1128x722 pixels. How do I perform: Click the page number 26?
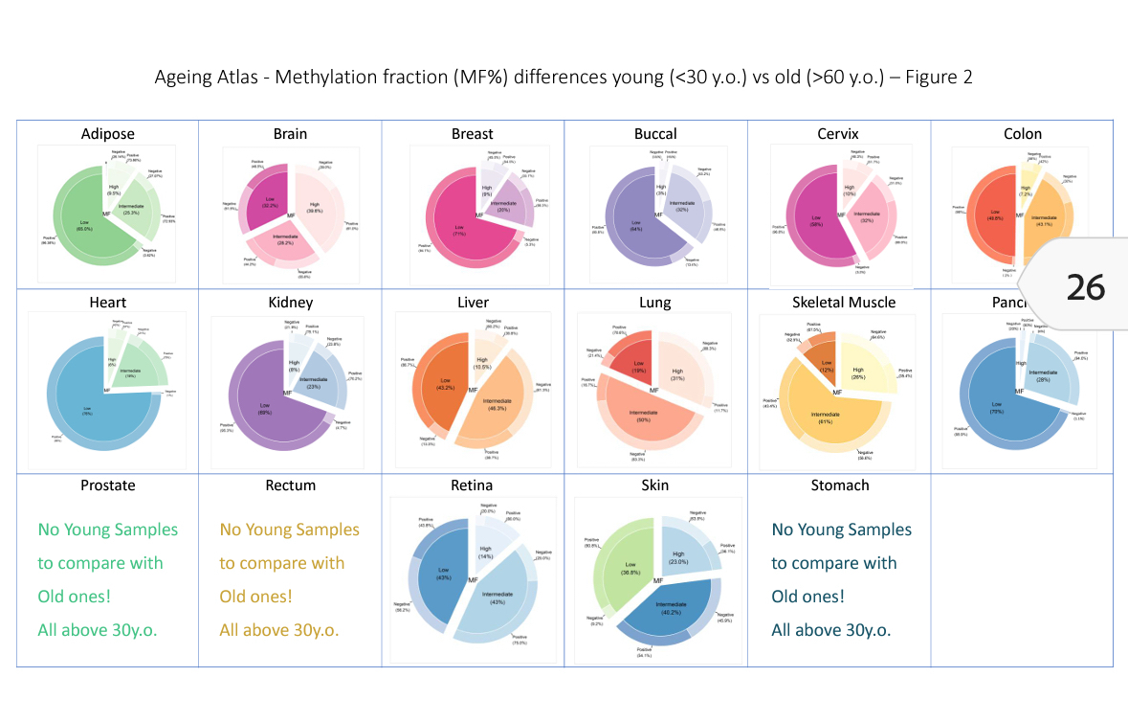[1085, 286]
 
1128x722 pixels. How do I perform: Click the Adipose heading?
[107, 134]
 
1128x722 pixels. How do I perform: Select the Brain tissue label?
[290, 134]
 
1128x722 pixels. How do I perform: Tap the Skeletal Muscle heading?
[844, 303]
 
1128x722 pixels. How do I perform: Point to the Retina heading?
[472, 485]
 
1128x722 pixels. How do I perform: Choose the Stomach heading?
[839, 485]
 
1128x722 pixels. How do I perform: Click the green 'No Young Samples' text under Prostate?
[107, 530]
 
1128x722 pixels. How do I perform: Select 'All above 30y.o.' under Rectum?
[278, 630]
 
